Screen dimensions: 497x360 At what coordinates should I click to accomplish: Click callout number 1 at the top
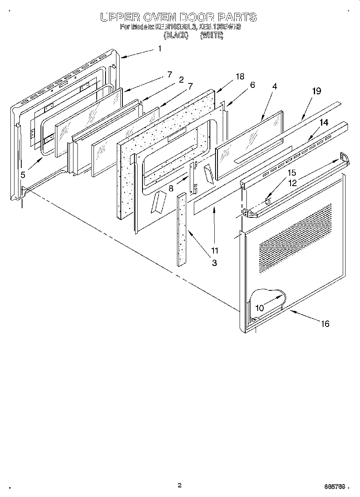click(x=159, y=49)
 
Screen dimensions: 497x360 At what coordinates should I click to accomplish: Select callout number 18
click(x=240, y=77)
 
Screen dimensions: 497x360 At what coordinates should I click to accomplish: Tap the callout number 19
click(x=316, y=91)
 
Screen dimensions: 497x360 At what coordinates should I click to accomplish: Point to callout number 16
click(x=325, y=324)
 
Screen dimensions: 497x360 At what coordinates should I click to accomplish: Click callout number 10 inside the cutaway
click(x=260, y=308)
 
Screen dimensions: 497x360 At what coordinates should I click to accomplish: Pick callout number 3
click(x=214, y=263)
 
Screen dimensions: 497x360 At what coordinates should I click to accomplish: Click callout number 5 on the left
click(x=23, y=174)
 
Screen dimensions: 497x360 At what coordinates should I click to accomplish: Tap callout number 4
click(x=275, y=86)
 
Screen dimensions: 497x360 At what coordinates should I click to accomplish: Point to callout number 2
click(x=181, y=80)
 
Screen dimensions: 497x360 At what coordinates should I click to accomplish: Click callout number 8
click(x=171, y=187)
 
